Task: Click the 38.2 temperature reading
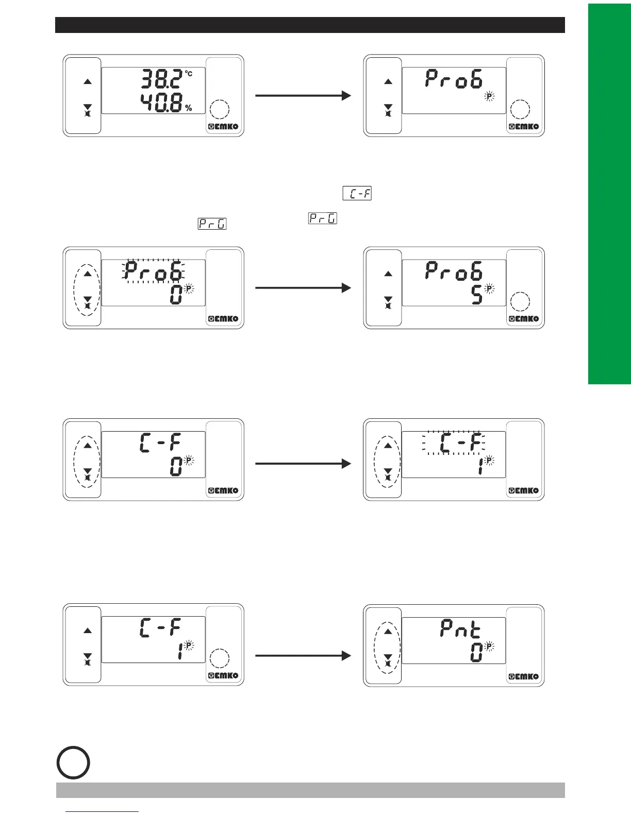[161, 80]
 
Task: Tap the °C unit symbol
[189, 74]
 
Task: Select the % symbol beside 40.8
[189, 108]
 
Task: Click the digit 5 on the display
[478, 295]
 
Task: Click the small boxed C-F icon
[357, 194]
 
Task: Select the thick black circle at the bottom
[73, 762]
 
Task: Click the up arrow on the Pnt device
[388, 632]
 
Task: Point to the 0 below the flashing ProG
[176, 295]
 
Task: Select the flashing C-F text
[454, 443]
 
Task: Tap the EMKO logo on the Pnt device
[524, 676]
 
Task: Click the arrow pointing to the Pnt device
[303, 656]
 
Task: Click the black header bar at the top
[310, 25]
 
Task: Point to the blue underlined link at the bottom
[103, 811]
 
